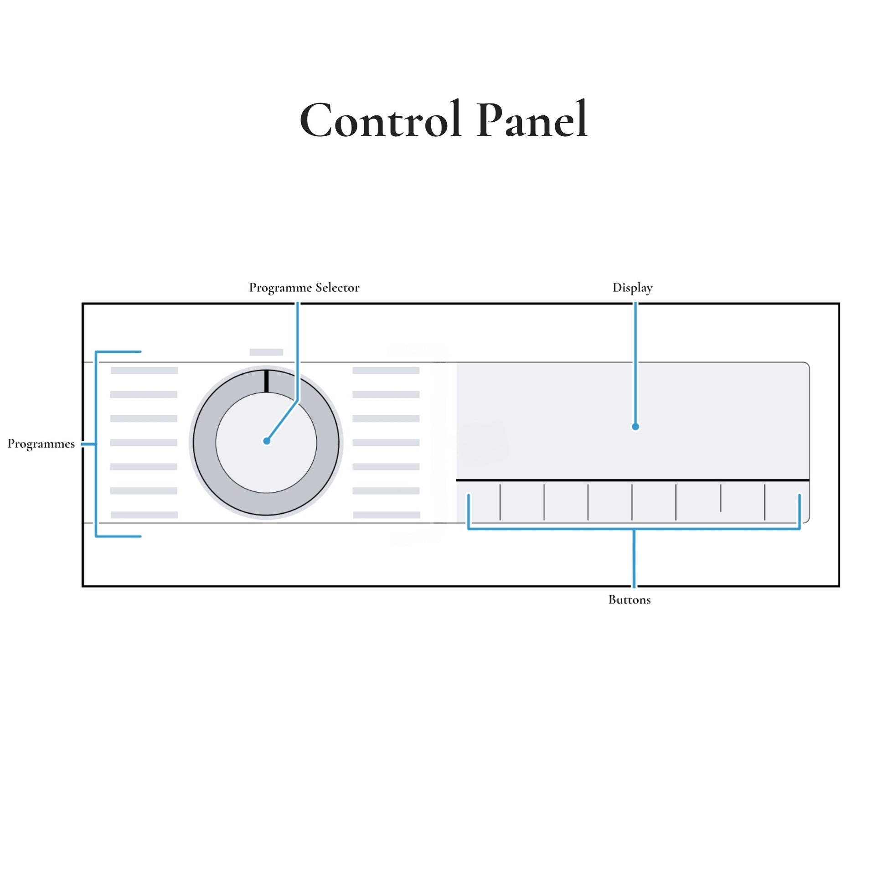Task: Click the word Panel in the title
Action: (x=532, y=120)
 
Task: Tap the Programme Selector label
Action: (x=304, y=288)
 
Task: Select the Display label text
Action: (x=632, y=288)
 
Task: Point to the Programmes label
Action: (x=41, y=444)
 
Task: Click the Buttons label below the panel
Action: (x=629, y=599)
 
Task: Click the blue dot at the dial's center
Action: (x=267, y=441)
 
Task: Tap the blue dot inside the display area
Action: (x=635, y=427)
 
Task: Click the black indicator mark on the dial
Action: (x=266, y=381)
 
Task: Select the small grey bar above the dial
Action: (x=266, y=352)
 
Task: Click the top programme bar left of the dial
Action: (x=144, y=371)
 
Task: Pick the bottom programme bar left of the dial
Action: (x=144, y=515)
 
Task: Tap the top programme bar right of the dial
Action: (x=386, y=371)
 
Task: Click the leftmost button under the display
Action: (x=485, y=502)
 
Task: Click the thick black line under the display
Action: (x=633, y=480)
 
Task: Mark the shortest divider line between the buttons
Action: (x=721, y=498)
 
